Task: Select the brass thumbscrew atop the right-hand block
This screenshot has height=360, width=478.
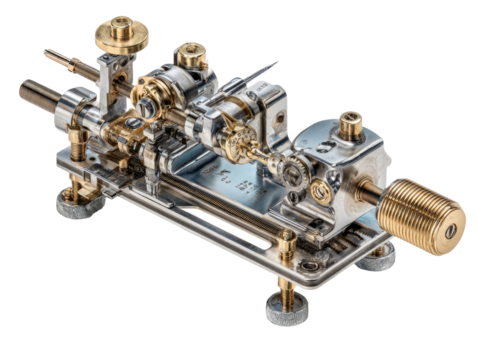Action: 350,124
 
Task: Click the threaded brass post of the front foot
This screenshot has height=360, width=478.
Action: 285,275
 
